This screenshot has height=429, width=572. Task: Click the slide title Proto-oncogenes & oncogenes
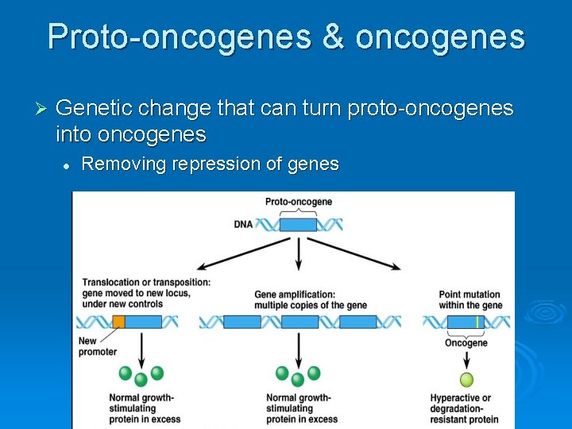point(286,37)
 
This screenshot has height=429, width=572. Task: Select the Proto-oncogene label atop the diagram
point(299,202)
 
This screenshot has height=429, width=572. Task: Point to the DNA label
point(243,224)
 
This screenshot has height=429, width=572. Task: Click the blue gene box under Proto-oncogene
point(299,224)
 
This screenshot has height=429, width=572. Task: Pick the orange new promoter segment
point(118,322)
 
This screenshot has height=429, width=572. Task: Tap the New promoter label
point(97,346)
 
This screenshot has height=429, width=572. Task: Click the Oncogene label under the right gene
point(466,343)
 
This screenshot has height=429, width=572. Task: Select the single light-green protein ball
point(466,379)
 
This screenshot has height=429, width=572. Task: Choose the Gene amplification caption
point(300,300)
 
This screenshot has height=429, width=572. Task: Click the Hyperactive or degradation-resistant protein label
point(464,408)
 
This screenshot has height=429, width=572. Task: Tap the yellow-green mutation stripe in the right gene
point(476,322)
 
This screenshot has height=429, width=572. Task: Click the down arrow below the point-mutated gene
point(466,359)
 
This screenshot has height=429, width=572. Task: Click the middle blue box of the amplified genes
point(300,322)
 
